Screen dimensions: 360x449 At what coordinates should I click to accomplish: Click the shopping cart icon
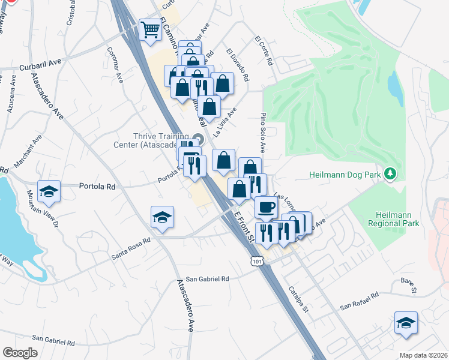coord(150,29)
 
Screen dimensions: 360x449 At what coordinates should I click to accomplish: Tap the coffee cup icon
coord(265,207)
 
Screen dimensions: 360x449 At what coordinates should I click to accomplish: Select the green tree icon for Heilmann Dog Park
coord(391,174)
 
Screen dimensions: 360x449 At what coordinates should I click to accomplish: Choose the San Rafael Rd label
coord(360,301)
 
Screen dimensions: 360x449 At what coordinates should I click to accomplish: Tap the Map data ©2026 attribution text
coord(423,355)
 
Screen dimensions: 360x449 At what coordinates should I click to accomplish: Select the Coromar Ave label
coord(115,64)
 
